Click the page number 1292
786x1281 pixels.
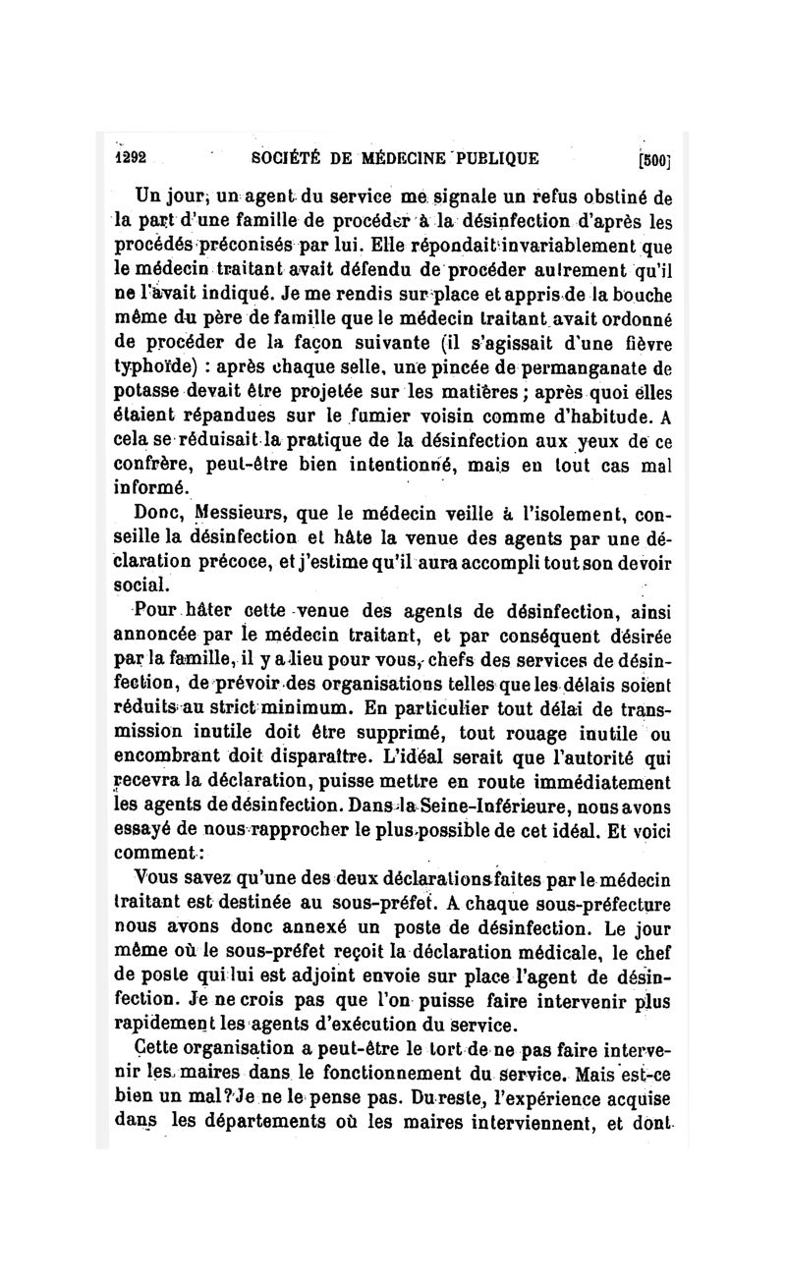[x=130, y=157]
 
